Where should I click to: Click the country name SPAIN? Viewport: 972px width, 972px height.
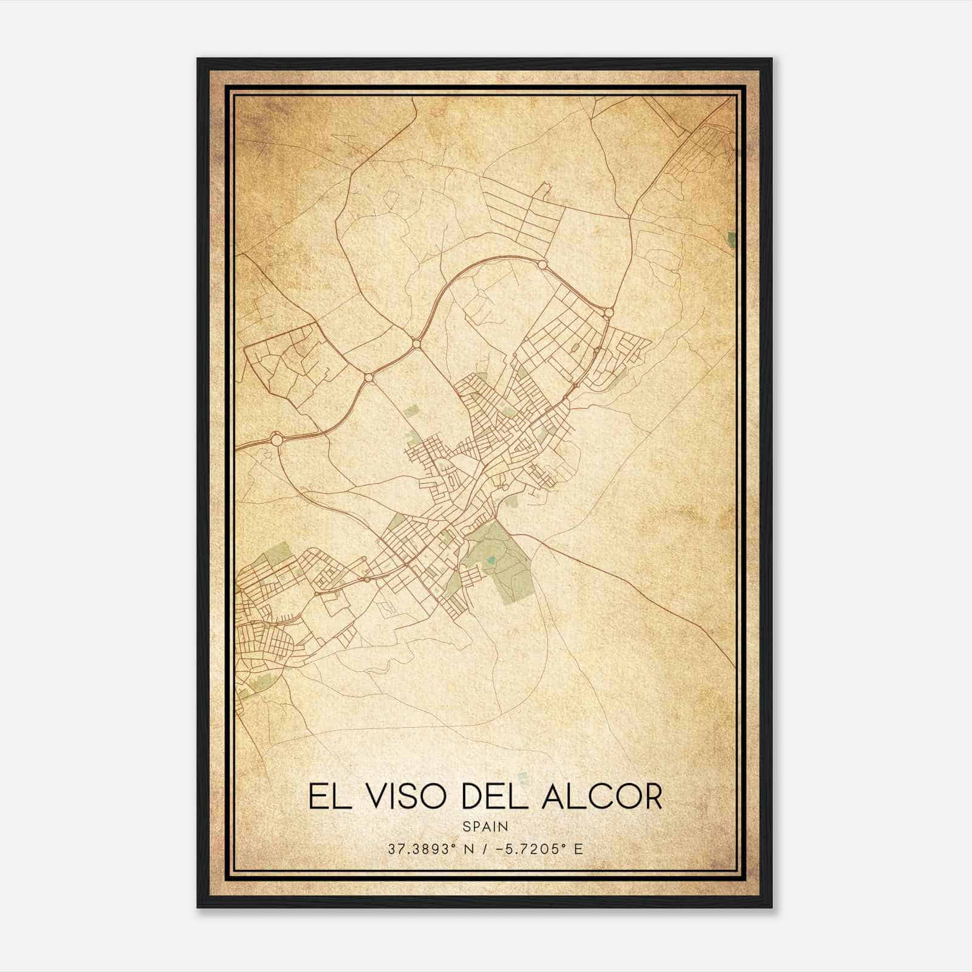click(x=485, y=826)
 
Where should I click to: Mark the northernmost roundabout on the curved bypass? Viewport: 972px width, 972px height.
click(x=542, y=264)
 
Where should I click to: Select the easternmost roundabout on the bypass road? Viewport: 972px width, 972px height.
click(x=609, y=312)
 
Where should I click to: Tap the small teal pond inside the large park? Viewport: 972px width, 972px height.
click(x=490, y=559)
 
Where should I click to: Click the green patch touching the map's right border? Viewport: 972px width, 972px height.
click(x=731, y=239)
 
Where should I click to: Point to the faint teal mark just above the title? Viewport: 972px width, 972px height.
click(x=524, y=775)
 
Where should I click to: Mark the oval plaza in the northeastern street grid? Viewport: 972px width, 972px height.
click(x=575, y=347)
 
